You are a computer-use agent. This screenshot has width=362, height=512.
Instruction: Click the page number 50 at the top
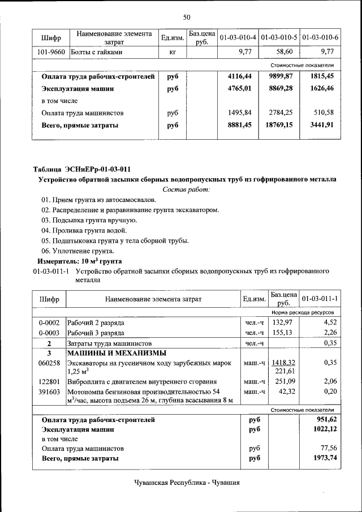(187, 17)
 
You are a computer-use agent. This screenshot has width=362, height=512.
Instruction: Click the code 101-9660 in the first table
(50, 52)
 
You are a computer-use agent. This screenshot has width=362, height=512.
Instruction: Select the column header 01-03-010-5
(279, 38)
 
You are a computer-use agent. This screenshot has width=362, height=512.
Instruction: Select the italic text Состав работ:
(186, 190)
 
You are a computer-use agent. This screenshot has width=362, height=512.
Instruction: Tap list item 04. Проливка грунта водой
(84, 230)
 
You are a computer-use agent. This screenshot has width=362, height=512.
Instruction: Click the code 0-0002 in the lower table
(49, 323)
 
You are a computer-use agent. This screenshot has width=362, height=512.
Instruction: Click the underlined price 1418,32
(283, 363)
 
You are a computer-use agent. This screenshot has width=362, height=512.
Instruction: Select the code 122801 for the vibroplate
(49, 382)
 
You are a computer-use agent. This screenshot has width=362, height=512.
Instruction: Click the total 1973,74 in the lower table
(325, 458)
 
